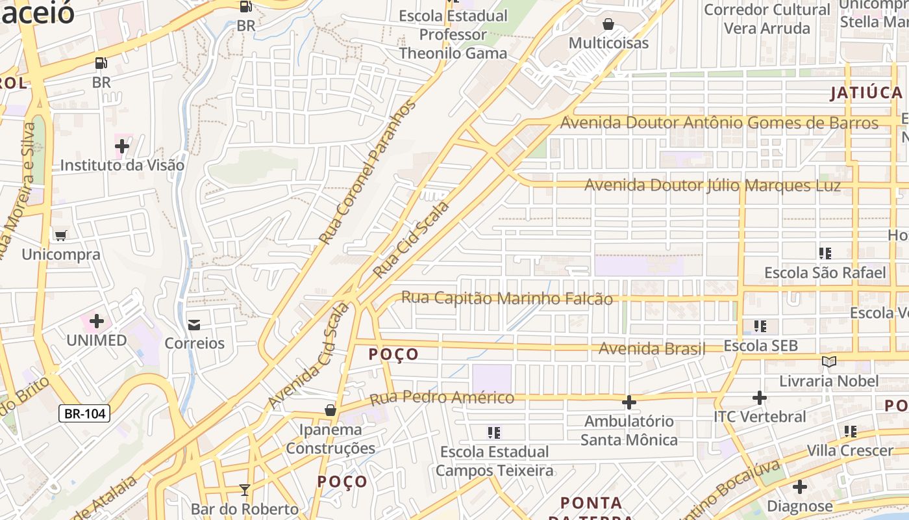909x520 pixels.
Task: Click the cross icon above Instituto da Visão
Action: pos(122,146)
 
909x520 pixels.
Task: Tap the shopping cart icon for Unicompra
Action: pos(61,235)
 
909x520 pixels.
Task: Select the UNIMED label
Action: pos(97,340)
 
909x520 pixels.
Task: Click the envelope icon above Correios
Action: pos(193,324)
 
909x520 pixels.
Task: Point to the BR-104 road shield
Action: pos(84,413)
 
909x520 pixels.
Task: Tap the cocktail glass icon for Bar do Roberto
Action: pos(244,489)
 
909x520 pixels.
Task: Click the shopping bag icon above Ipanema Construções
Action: pos(330,410)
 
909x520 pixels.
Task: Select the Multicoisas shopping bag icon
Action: pos(608,25)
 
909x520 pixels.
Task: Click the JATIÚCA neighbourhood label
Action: pos(867,93)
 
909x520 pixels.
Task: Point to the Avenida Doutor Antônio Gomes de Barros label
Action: pos(719,123)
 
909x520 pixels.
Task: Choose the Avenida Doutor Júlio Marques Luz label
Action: pos(713,185)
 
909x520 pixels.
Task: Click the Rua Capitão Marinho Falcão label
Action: pos(507,298)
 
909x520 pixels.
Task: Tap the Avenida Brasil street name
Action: pos(651,348)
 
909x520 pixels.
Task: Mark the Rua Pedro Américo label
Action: pos(442,397)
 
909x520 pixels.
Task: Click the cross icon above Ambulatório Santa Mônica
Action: pos(629,403)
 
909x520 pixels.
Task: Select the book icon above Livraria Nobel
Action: pos(828,361)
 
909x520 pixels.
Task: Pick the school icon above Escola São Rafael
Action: pos(825,253)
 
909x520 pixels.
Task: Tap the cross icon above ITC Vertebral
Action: pos(760,398)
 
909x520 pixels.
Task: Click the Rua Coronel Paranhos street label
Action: pos(367,172)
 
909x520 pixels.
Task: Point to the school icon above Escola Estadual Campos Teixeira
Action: pos(494,432)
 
